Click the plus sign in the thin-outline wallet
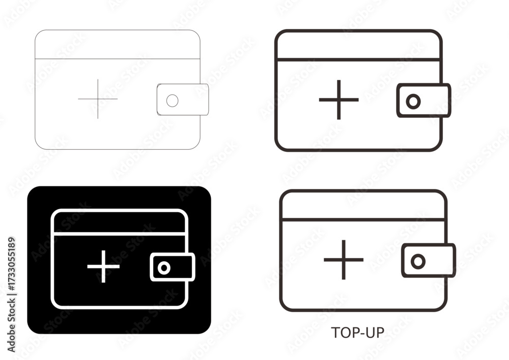pos(98,99)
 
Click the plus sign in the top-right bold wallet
pos(339,100)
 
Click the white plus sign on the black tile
pos(103,266)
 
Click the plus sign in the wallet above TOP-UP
pos(344,260)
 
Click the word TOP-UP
pos(357,333)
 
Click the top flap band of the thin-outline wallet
pos(118,44)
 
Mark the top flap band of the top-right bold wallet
pos(358,45)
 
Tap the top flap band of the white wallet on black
pos(120,221)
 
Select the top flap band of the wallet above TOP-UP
pos(363,205)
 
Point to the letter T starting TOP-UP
pos(335,333)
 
